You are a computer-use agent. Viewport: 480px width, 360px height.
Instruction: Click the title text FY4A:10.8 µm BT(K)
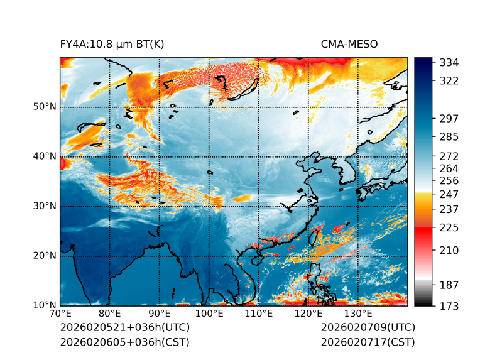point(112,45)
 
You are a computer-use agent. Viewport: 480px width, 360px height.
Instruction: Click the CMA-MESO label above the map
point(349,45)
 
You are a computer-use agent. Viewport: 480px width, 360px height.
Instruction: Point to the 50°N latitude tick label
point(44,107)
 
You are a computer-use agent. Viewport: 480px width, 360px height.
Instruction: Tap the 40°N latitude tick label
point(44,156)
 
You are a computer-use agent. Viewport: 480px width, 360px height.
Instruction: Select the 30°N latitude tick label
point(44,206)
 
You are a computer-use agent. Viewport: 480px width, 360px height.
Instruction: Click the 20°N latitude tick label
point(44,256)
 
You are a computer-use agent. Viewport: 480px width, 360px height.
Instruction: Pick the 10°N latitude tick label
point(44,305)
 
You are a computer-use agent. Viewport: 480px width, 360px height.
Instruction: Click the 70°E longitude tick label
point(60,314)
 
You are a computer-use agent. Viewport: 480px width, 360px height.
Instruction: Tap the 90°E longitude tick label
point(160,314)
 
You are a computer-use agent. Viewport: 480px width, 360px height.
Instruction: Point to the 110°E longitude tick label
point(259,314)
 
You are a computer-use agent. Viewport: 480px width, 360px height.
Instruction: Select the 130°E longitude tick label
point(358,314)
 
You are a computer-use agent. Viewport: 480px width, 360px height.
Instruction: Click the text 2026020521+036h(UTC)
point(124,327)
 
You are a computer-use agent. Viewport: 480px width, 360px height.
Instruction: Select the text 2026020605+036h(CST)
point(124,342)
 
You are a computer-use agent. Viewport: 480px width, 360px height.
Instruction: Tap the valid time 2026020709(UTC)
point(368,327)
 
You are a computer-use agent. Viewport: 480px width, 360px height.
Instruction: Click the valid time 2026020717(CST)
point(368,342)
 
